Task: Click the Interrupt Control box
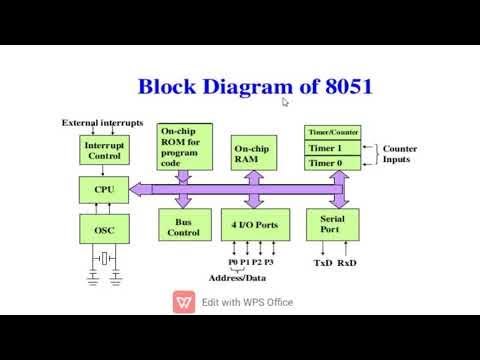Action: click(103, 150)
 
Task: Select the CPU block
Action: click(103, 189)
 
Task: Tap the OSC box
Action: click(103, 230)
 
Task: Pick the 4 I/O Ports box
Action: click(251, 225)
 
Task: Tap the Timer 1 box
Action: click(331, 147)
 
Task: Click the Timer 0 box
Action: click(331, 163)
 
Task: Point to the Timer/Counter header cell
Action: click(331, 132)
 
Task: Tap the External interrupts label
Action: click(103, 122)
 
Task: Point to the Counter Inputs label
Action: click(400, 154)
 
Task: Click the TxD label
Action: click(323, 263)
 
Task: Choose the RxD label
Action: click(347, 263)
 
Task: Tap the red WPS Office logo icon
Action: click(184, 302)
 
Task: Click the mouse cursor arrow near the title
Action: click(285, 101)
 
